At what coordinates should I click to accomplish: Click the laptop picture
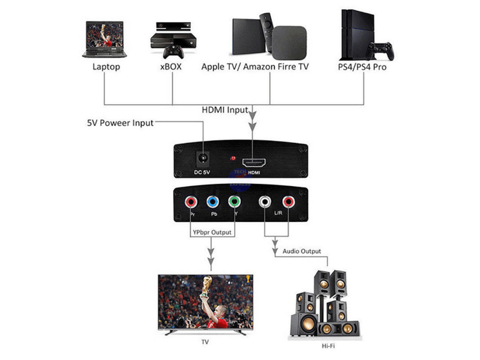pyautogui.click(x=107, y=39)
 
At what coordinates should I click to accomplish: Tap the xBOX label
pyautogui.click(x=170, y=67)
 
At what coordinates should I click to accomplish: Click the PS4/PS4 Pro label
pyautogui.click(x=362, y=67)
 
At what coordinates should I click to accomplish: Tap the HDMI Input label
pyautogui.click(x=225, y=110)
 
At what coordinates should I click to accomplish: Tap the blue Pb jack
pyautogui.click(x=212, y=202)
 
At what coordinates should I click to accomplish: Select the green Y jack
pyautogui.click(x=234, y=202)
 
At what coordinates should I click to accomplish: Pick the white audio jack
pyautogui.click(x=265, y=202)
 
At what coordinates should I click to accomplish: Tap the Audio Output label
pyautogui.click(x=301, y=251)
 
